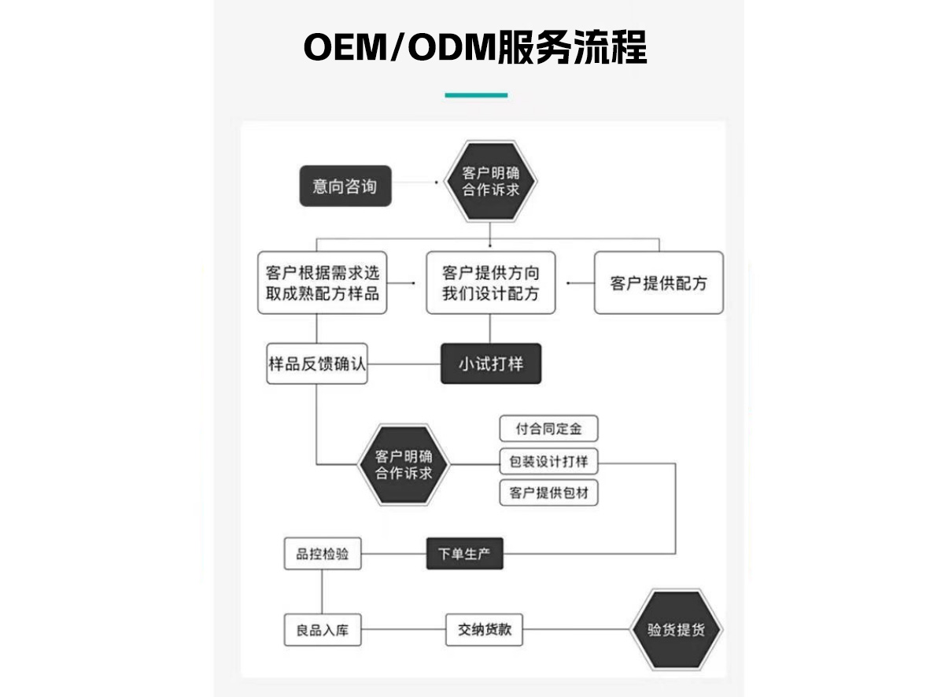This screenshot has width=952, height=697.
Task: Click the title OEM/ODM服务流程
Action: [475, 48]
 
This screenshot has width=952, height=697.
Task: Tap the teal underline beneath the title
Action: [476, 95]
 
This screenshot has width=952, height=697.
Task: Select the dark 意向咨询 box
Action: [345, 186]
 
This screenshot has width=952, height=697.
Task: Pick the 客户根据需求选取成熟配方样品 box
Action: [322, 283]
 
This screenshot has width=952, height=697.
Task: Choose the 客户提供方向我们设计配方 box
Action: [490, 283]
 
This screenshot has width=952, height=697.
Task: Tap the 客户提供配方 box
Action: [658, 283]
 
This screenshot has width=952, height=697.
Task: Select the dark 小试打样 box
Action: [490, 364]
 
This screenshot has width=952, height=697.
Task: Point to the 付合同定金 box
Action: [548, 430]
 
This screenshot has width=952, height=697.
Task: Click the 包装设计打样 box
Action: [548, 462]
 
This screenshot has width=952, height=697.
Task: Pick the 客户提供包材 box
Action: [548, 493]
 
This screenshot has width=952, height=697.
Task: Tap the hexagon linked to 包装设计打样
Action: [404, 464]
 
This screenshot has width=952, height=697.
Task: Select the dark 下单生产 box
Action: [464, 553]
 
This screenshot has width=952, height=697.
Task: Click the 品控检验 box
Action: [322, 554]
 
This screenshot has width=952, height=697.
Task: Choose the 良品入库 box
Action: [322, 629]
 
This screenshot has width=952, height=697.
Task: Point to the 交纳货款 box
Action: [484, 629]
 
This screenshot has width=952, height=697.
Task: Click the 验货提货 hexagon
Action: [676, 629]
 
